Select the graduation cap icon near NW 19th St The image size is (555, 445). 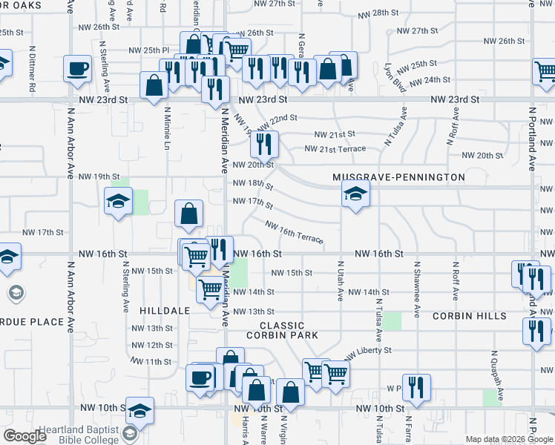pyautogui.click(x=118, y=202)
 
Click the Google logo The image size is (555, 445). pyautogui.click(x=25, y=436)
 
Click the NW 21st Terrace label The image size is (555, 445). pyautogui.click(x=335, y=148)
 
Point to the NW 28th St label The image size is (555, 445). pyautogui.click(x=378, y=14)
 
